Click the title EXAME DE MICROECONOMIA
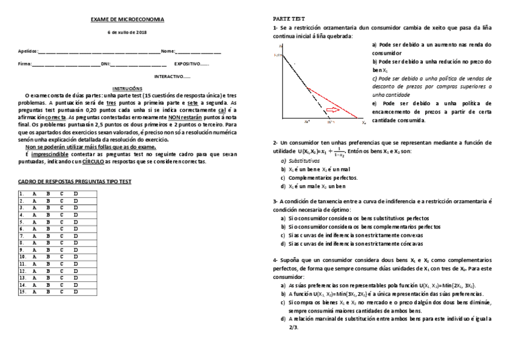click(x=127, y=20)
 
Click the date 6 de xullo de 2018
click(x=127, y=32)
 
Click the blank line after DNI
click(x=139, y=64)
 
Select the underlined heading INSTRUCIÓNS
click(x=127, y=88)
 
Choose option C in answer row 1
click(x=61, y=194)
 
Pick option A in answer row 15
click(x=34, y=291)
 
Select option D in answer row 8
click(x=76, y=243)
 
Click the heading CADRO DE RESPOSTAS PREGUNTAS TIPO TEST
click(x=75, y=181)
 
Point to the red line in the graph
click(x=337, y=102)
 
